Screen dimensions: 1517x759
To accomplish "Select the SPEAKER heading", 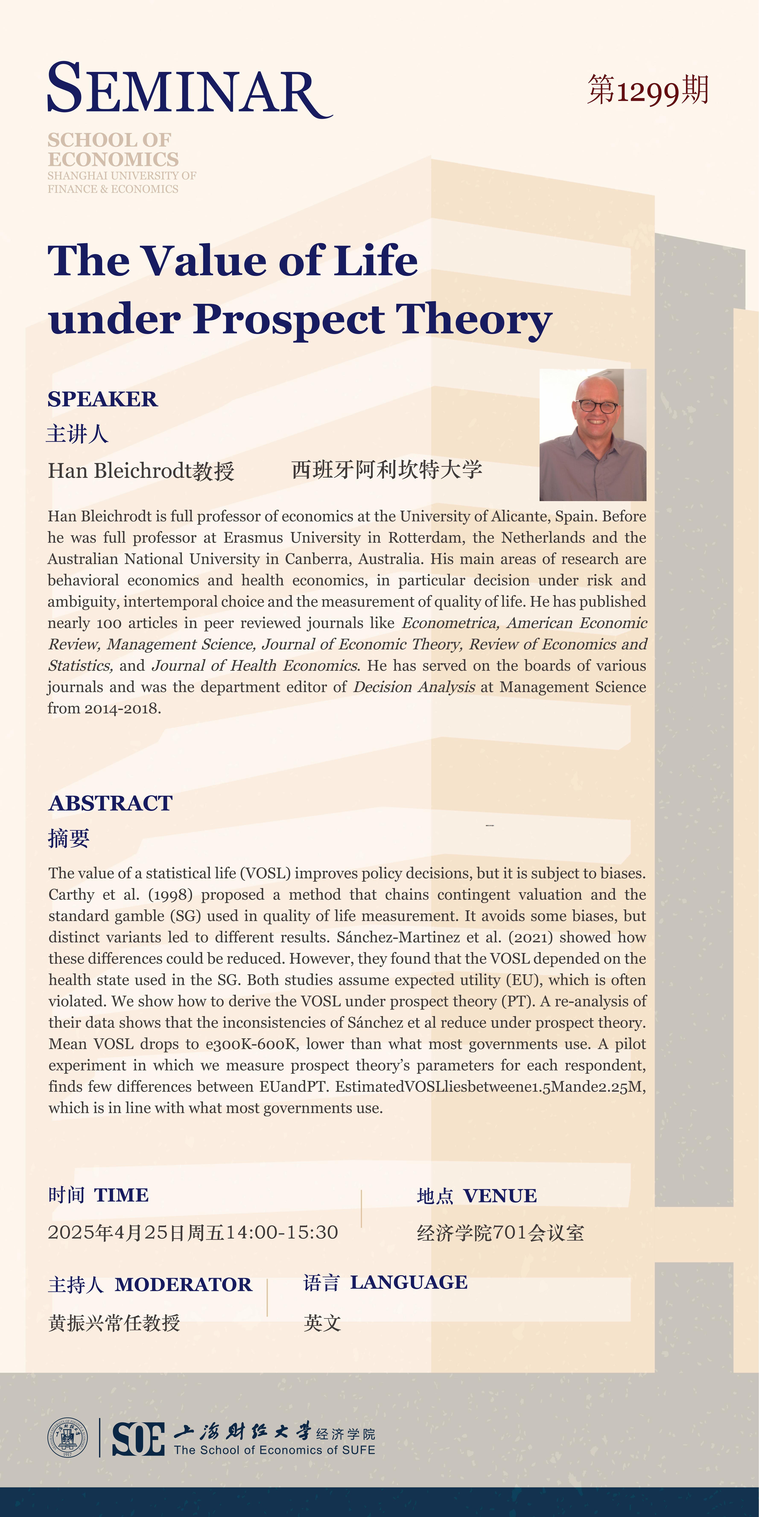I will point(102,399).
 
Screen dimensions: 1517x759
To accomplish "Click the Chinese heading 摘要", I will point(69,838).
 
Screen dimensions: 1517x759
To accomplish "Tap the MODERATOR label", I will point(183,1284).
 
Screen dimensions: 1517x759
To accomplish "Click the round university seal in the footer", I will point(67,1437).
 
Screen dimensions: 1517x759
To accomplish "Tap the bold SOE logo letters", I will point(138,1439).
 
